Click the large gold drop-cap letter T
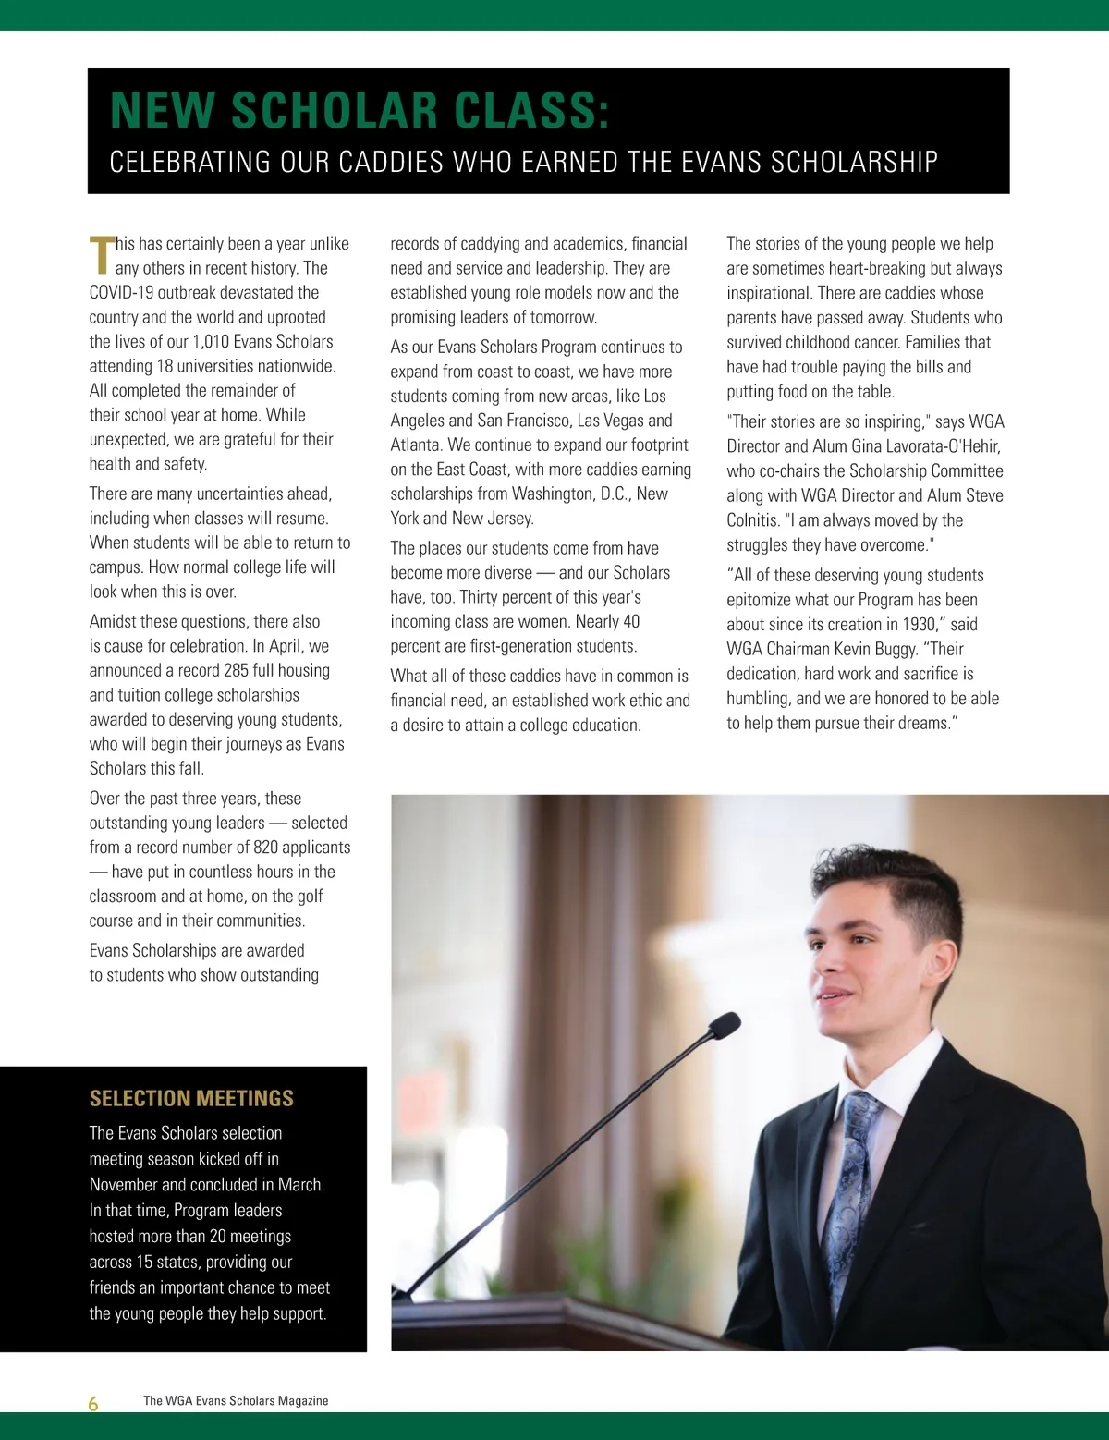click(101, 254)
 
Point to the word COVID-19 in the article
click(121, 293)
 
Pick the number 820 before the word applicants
click(266, 848)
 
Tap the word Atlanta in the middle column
click(416, 445)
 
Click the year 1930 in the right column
click(916, 625)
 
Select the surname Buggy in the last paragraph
click(894, 649)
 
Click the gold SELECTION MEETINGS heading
click(191, 1099)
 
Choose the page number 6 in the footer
click(93, 1404)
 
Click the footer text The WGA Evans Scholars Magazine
click(236, 1401)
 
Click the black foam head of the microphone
click(723, 1025)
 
